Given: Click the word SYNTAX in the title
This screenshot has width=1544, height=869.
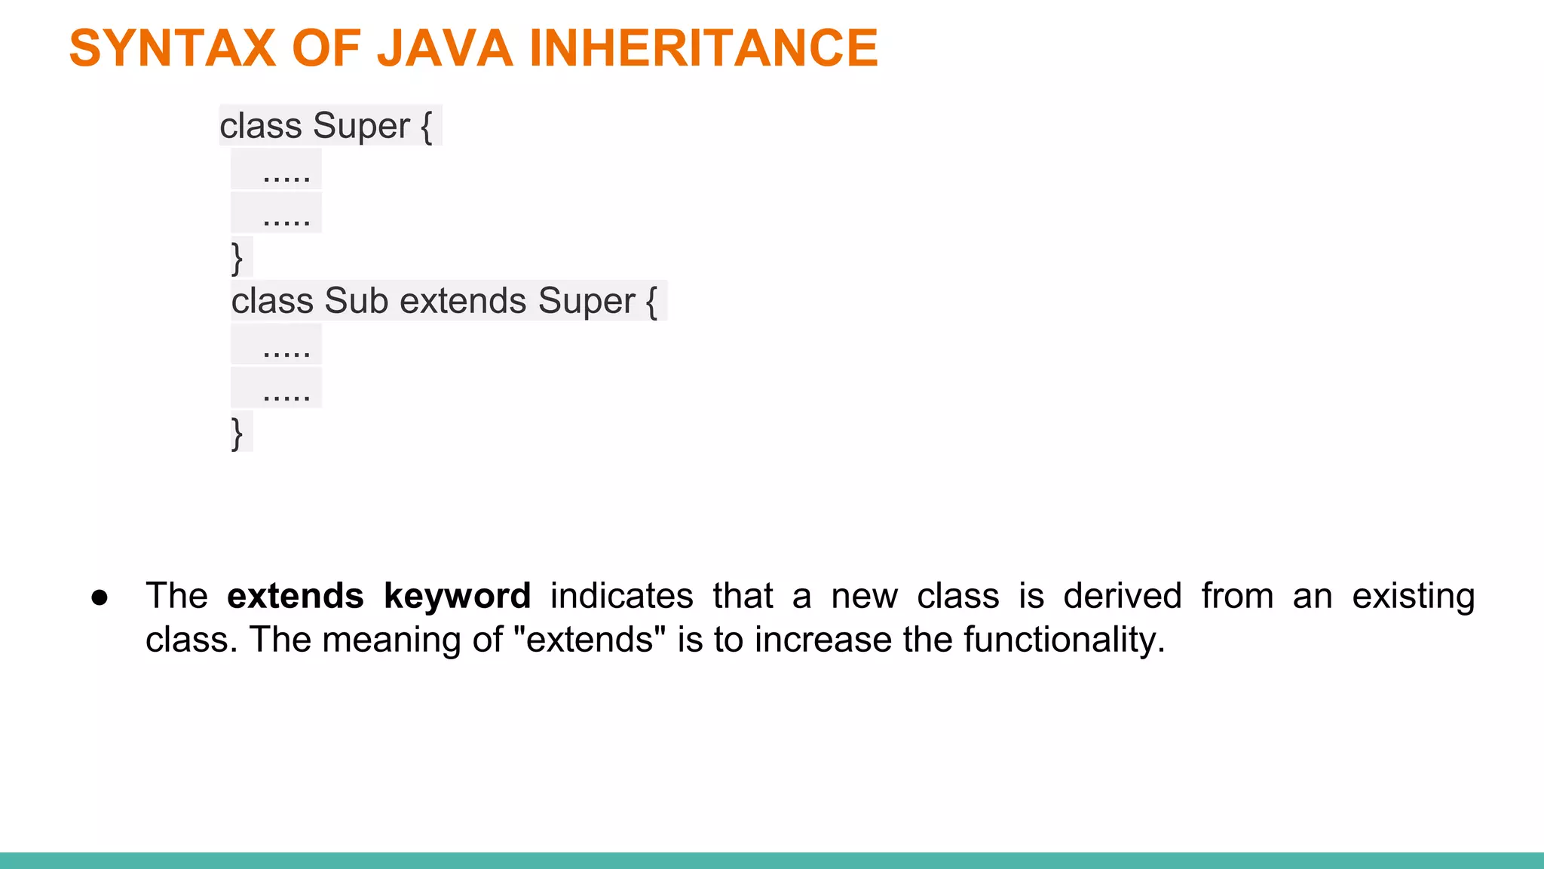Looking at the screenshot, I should click(x=173, y=48).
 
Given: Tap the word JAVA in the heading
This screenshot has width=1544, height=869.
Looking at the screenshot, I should click(x=445, y=48).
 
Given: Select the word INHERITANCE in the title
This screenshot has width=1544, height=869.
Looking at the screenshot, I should click(x=703, y=48).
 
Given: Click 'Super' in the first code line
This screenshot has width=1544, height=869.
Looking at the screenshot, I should click(x=361, y=126).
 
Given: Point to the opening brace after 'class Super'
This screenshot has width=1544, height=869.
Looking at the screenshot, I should click(x=427, y=126).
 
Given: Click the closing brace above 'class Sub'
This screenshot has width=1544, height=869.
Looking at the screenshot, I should click(x=237, y=258).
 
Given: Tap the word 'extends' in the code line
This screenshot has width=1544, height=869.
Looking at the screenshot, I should click(x=463, y=301).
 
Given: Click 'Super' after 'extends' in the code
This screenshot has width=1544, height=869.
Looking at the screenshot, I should click(x=587, y=301).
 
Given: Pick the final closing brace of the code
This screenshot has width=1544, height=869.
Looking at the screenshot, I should click(x=237, y=433).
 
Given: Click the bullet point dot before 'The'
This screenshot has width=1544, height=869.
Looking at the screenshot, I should click(x=100, y=597).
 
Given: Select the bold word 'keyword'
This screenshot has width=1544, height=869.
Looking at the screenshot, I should click(x=457, y=596).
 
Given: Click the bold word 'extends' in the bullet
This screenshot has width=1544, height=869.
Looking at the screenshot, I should click(x=296, y=596).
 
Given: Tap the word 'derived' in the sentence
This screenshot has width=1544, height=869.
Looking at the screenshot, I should click(x=1122, y=596).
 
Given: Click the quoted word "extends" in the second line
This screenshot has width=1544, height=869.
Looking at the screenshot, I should click(x=590, y=640).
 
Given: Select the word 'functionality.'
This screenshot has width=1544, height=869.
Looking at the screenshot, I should click(x=1064, y=640).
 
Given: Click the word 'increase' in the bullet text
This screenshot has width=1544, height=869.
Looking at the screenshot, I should click(x=823, y=640).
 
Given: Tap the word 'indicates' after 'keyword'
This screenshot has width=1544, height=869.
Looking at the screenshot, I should click(x=621, y=596).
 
